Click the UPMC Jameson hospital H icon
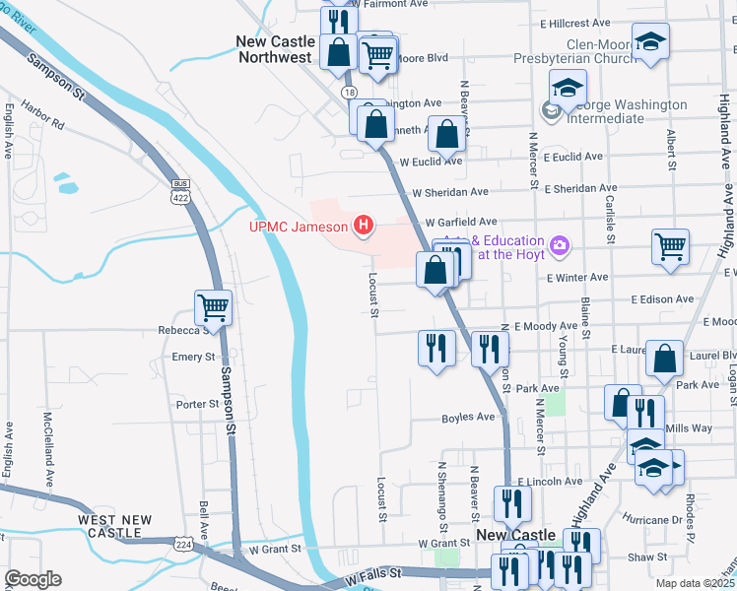[x=365, y=228]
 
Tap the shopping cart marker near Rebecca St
[x=213, y=307]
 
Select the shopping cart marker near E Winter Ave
[x=670, y=246]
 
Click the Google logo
[x=33, y=579]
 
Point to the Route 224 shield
[x=183, y=543]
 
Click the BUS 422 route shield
[x=179, y=190]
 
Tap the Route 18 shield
[x=350, y=91]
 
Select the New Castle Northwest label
[x=276, y=49]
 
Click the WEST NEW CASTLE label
[x=115, y=525]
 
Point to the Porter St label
[x=196, y=404]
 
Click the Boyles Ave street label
[x=468, y=417]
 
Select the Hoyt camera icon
[x=561, y=245]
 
